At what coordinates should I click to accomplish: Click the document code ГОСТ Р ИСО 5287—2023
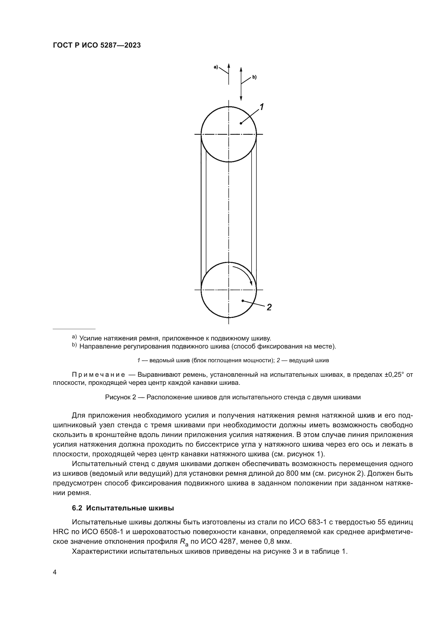click(x=97, y=45)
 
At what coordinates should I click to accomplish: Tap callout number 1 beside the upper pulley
click(x=262, y=107)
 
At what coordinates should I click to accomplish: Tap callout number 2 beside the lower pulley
click(x=269, y=307)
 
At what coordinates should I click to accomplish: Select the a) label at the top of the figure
click(x=216, y=67)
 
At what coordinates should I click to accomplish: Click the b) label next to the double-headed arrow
click(x=254, y=77)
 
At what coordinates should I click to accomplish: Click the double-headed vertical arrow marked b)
click(x=241, y=84)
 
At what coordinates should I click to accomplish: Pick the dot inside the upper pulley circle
click(x=241, y=123)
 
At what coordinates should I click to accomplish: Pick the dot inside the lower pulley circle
click(x=243, y=301)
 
